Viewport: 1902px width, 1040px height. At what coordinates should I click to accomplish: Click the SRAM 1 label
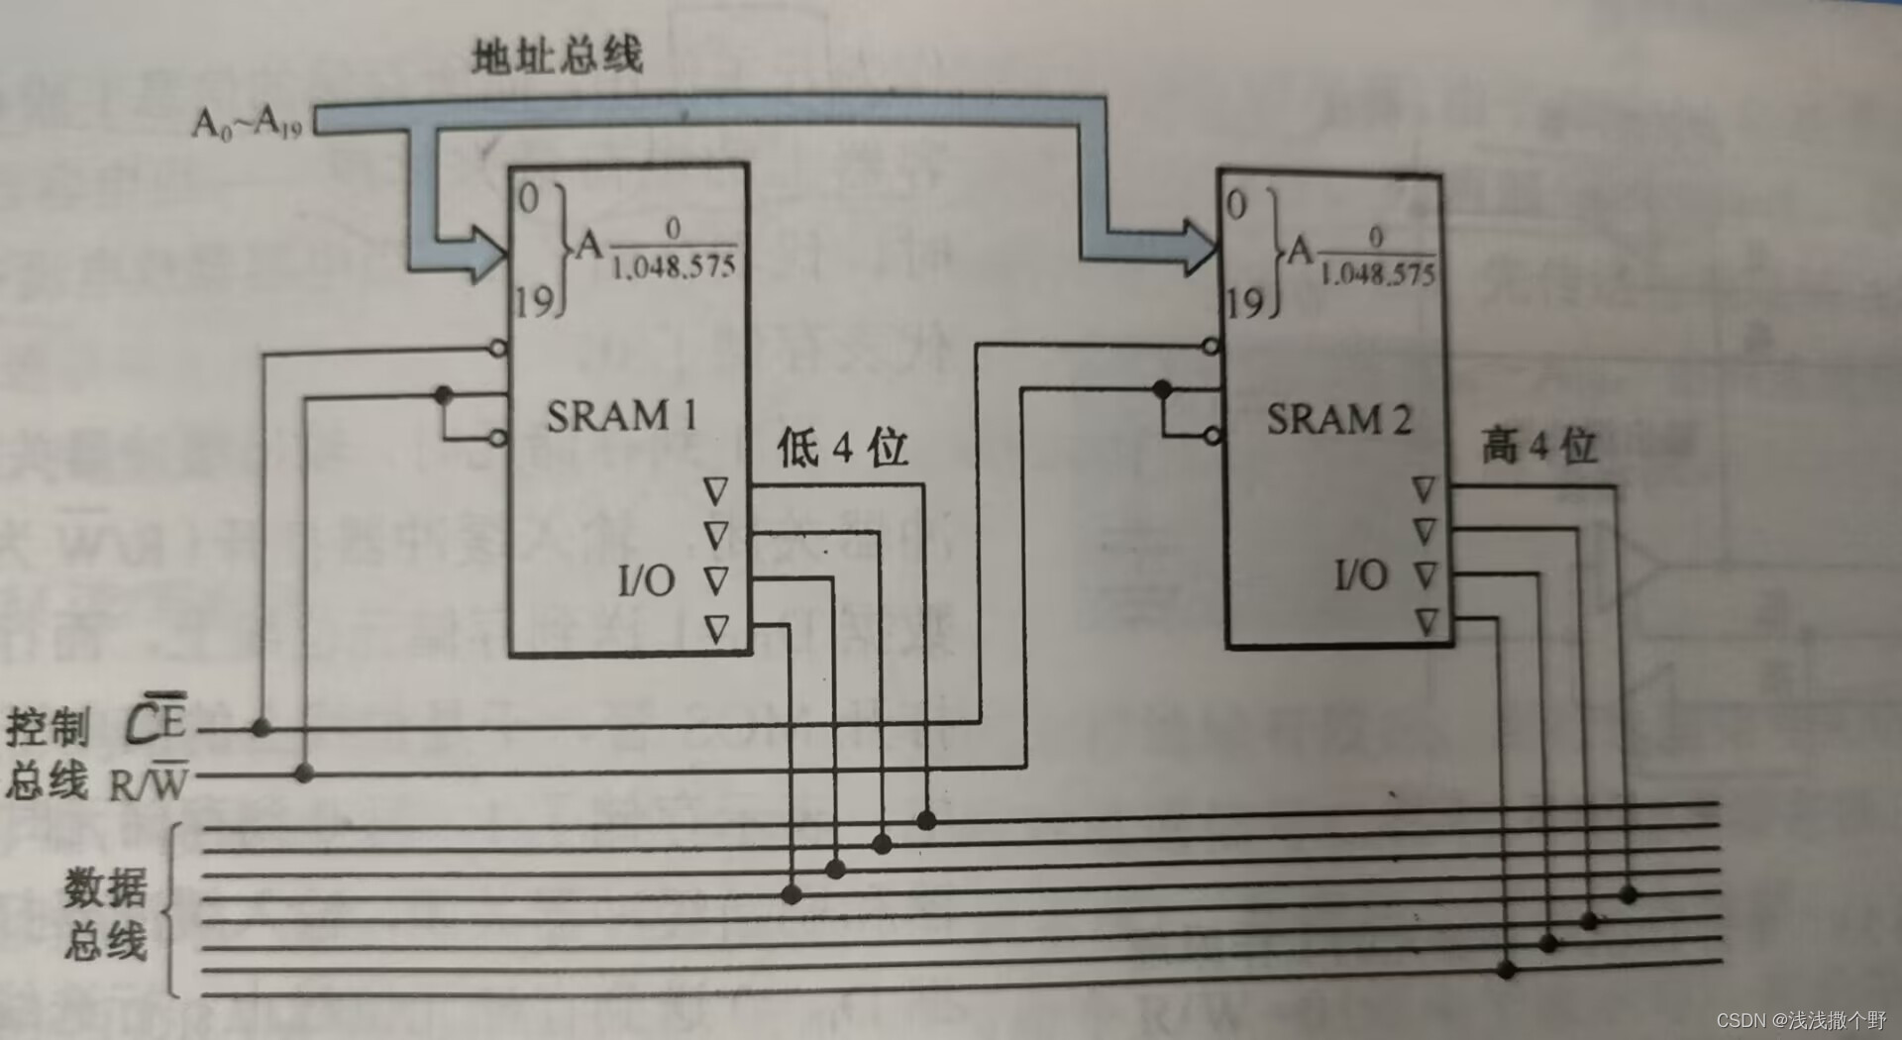tap(621, 416)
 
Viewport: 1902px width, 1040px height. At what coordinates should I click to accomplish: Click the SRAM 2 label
tap(1338, 420)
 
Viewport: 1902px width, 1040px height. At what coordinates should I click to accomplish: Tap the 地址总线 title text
tap(557, 55)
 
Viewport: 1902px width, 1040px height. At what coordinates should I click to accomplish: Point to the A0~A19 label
tap(247, 124)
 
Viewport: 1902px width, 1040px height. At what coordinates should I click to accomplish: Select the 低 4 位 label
tap(842, 448)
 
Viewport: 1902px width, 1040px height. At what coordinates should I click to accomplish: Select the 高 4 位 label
tap(1538, 446)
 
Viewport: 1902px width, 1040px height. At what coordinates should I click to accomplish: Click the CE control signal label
tap(157, 720)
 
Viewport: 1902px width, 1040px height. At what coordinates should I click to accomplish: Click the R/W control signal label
tap(148, 782)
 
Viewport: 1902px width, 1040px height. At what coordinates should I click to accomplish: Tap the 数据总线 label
tap(105, 913)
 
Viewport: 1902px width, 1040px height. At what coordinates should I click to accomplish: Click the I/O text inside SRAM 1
tap(646, 580)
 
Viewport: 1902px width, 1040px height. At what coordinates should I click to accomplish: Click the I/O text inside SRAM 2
tap(1360, 574)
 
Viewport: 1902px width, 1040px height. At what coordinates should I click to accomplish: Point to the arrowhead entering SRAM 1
tap(487, 254)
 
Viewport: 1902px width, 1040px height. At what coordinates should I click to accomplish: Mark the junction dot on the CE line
tap(261, 728)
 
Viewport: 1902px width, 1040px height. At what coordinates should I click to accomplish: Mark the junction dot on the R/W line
tap(304, 773)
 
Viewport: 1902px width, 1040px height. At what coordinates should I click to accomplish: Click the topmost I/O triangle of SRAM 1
tap(715, 490)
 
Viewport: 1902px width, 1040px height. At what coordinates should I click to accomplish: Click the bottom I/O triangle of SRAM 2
tap(1426, 622)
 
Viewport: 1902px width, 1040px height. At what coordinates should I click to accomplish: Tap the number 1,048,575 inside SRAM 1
tap(674, 266)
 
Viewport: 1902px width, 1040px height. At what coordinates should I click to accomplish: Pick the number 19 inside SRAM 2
tap(1244, 302)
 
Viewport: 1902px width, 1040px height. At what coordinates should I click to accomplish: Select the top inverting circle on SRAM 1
tap(498, 348)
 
